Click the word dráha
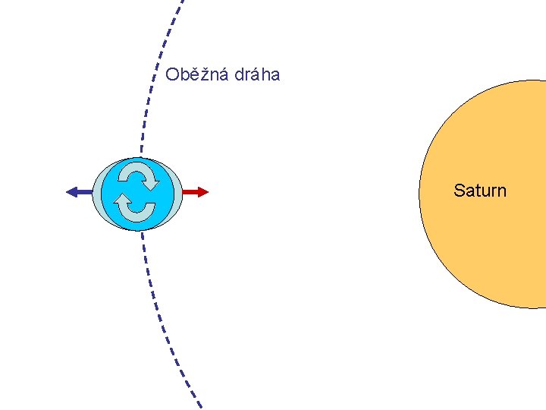[258, 74]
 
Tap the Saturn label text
[479, 191]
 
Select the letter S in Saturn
[459, 191]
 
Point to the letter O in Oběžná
[172, 74]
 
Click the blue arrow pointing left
[80, 192]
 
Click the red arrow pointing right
[195, 192]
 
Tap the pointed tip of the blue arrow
[67, 192]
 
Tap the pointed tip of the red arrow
[207, 192]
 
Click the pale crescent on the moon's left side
[97, 194]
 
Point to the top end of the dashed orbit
[182, 2]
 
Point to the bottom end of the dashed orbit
[200, 406]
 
